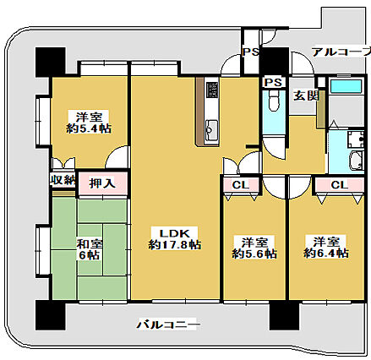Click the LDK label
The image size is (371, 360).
pos(174,232)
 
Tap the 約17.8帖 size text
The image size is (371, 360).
pos(174,245)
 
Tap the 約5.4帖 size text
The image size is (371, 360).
pos(89,128)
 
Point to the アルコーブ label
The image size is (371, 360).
pos(341,52)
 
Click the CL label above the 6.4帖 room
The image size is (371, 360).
pos(338,185)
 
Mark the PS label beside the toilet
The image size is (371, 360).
pos(272,82)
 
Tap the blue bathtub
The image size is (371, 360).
pos(344,87)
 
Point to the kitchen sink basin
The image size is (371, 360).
pos(211,129)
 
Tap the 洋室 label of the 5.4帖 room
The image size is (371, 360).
pos(89,117)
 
